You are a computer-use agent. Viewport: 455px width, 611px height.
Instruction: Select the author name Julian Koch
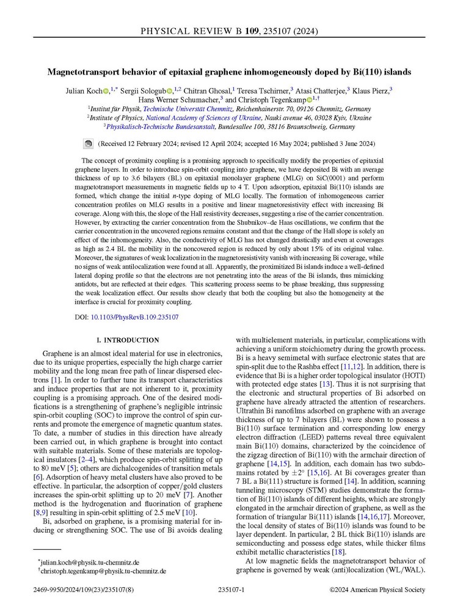coord(82,90)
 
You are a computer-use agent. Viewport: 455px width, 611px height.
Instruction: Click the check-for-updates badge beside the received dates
coord(88,144)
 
